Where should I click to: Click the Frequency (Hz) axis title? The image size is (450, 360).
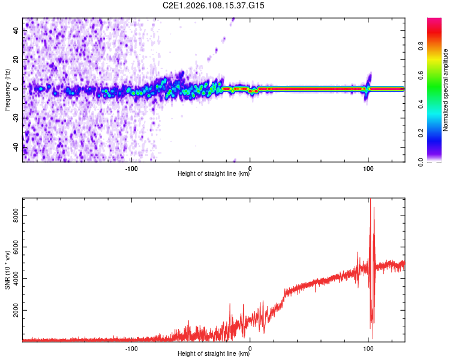7,89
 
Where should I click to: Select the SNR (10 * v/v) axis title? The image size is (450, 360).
7,269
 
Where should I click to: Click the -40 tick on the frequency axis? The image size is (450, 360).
17,146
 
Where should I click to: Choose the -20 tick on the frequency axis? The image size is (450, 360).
17,118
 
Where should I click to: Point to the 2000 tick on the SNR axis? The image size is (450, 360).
17,310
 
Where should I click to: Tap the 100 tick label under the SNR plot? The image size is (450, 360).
368,348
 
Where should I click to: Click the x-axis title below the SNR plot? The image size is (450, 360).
214,354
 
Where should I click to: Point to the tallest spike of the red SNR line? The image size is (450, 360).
370,200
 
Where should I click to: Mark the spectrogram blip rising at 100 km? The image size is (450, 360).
369,79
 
